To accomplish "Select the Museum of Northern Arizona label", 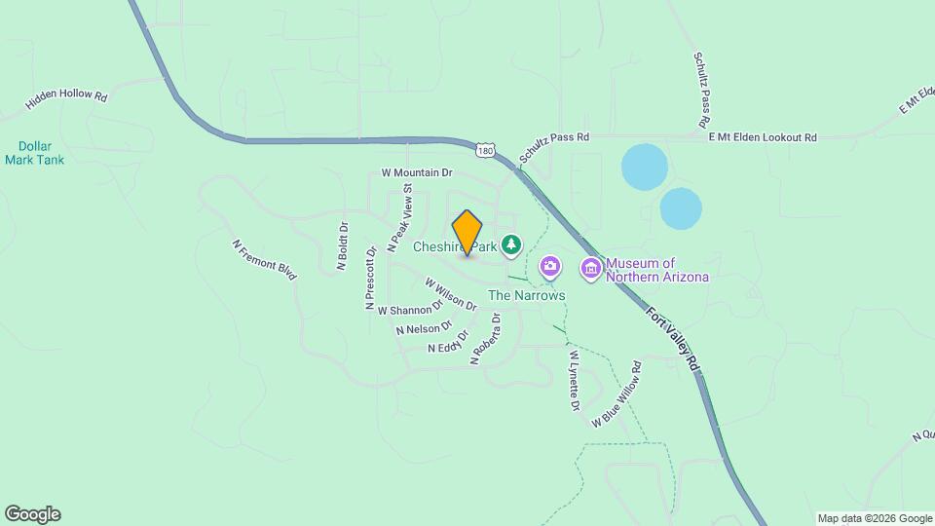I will pyautogui.click(x=656, y=270).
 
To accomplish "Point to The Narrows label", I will pyautogui.click(x=526, y=295).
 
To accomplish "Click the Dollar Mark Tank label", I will pyautogui.click(x=34, y=153).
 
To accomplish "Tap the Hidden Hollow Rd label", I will pyautogui.click(x=66, y=97).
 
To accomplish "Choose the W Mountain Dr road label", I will pyautogui.click(x=417, y=172).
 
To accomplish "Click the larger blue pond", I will pyautogui.click(x=644, y=167).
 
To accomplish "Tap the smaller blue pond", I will pyautogui.click(x=681, y=208).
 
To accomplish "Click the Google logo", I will pyautogui.click(x=32, y=514).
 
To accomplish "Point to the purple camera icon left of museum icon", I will pyautogui.click(x=550, y=266).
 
